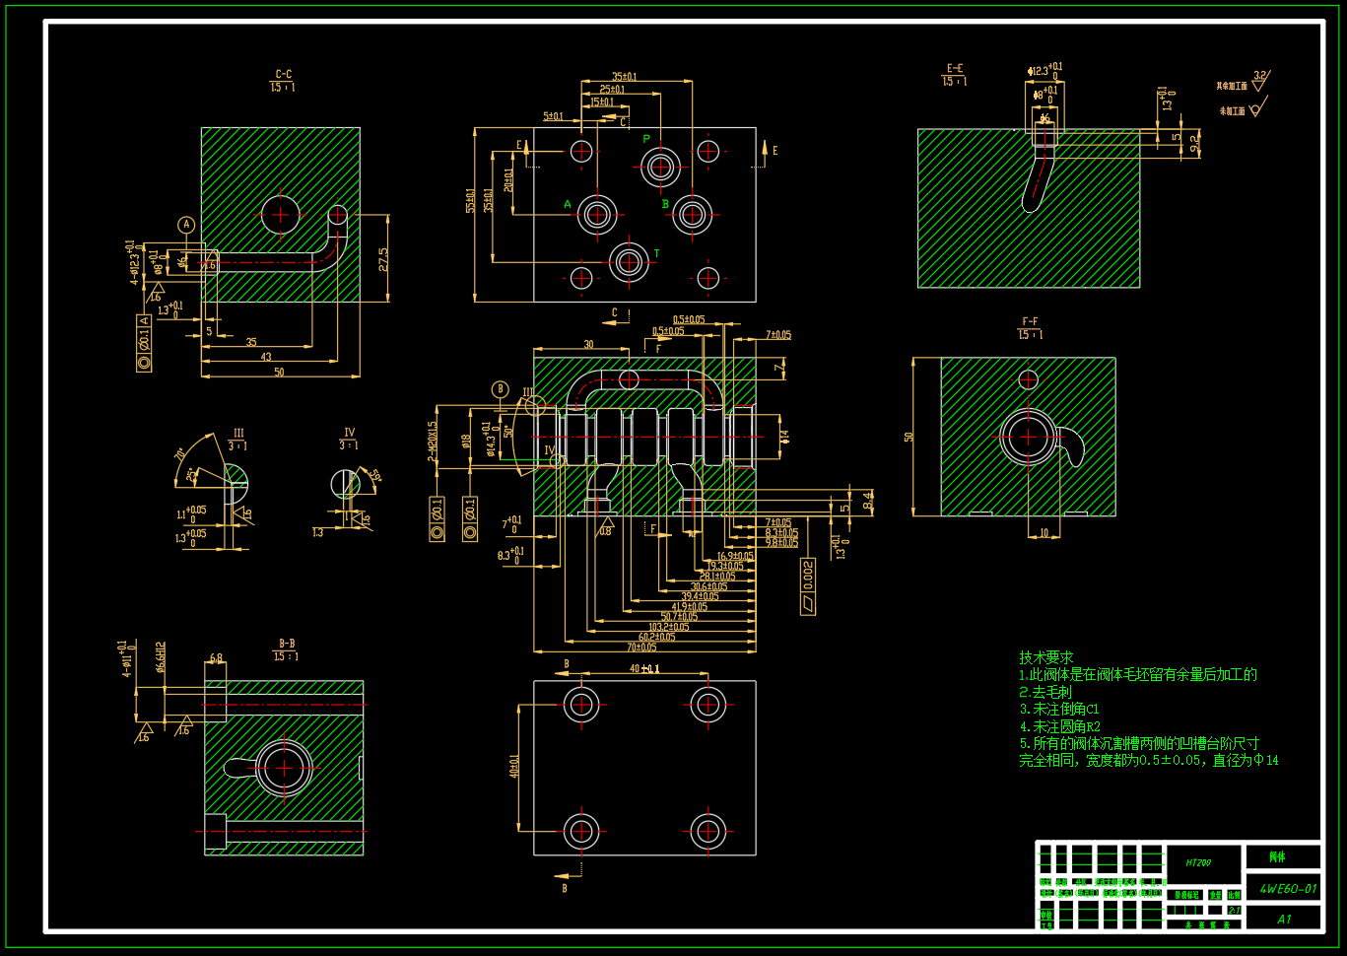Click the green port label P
[646, 139]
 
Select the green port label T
[656, 254]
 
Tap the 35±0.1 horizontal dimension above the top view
[624, 76]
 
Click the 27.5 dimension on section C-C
[383, 258]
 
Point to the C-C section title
[283, 75]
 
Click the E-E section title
[954, 69]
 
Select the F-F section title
[1030, 322]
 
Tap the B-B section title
[286, 644]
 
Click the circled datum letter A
[186, 225]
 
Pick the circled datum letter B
[500, 389]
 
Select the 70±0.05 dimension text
[640, 648]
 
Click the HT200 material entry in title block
[1198, 862]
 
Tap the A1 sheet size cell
[1284, 919]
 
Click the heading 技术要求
[1045, 657]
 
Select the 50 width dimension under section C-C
[279, 372]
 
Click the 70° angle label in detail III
[180, 454]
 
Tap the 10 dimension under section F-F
[1044, 533]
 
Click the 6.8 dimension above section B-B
[216, 657]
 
